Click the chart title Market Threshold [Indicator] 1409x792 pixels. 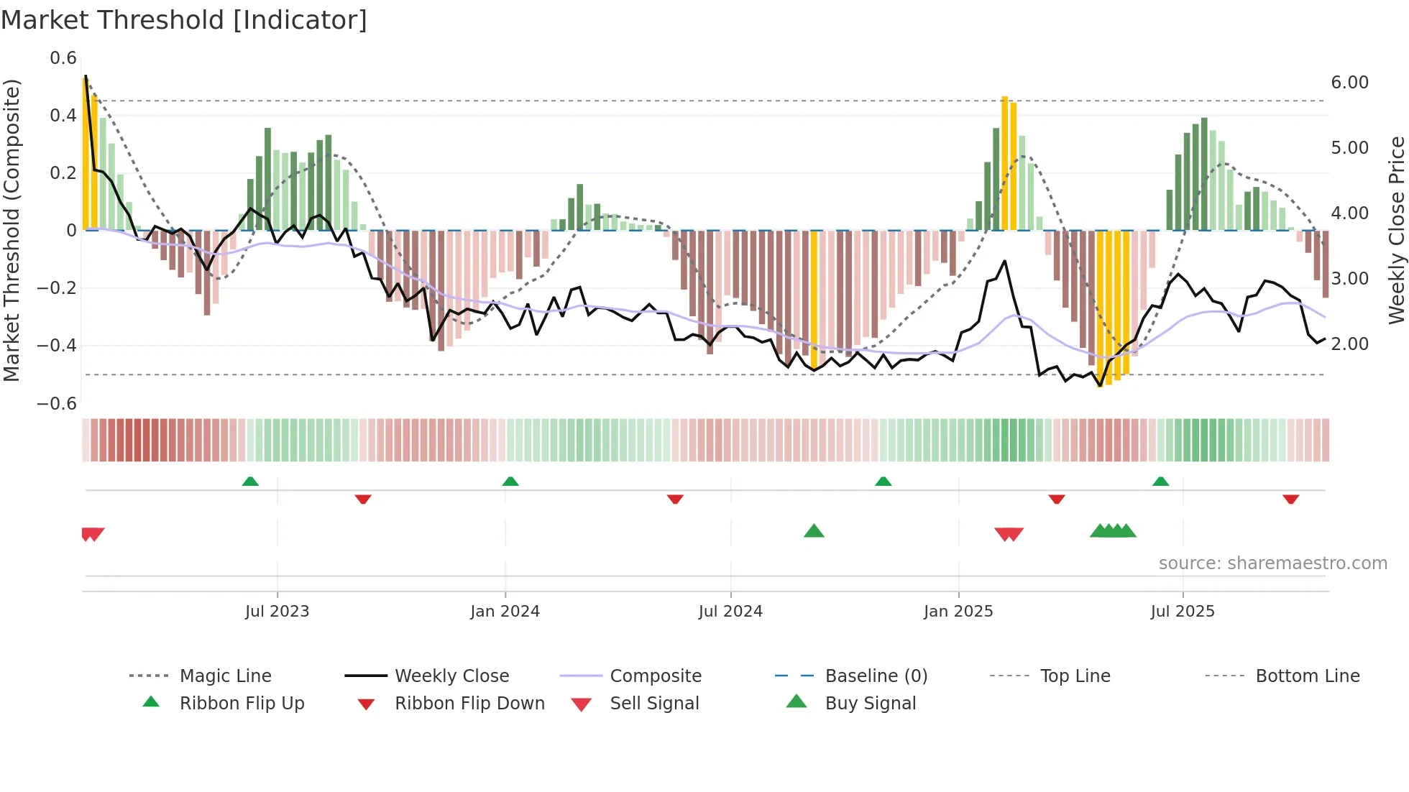tap(184, 20)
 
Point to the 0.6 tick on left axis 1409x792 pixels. tap(63, 58)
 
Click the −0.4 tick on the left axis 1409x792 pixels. tap(57, 346)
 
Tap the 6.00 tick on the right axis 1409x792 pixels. tap(1349, 83)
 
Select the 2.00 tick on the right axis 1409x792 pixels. tap(1349, 344)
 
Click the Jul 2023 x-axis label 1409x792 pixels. tap(277, 612)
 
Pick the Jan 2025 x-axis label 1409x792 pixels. tap(958, 612)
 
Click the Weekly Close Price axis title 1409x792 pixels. tap(1396, 230)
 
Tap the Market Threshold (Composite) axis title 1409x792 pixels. tap(12, 230)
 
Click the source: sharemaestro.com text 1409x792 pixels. tap(1272, 563)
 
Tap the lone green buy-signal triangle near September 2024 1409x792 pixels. tap(814, 531)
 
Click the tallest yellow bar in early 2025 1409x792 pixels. tap(1004, 164)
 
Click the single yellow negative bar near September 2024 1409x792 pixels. tap(814, 299)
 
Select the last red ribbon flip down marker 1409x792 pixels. tap(1290, 499)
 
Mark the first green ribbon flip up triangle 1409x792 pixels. tap(250, 482)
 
